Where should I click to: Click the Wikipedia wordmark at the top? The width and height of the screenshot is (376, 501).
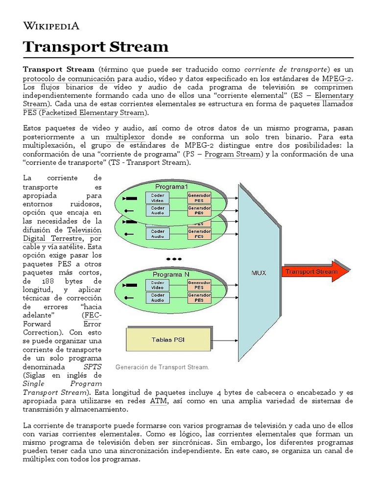(x=51, y=26)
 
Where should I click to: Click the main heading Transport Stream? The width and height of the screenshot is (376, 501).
(x=96, y=47)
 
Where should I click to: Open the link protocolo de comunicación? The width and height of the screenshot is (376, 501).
(x=69, y=79)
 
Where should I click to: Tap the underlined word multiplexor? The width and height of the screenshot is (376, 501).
(x=125, y=137)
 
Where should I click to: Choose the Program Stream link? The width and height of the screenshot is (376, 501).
(x=233, y=154)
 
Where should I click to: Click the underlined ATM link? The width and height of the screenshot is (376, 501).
(x=158, y=401)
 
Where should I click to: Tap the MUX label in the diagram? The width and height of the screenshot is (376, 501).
(x=258, y=273)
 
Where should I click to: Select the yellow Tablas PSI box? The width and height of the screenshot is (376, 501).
(x=168, y=339)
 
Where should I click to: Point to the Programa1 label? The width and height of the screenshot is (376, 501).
(x=171, y=187)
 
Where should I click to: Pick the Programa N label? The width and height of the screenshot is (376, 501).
(x=171, y=274)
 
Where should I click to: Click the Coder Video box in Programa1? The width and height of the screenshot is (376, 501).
(x=158, y=197)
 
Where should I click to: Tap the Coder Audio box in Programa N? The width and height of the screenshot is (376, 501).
(x=158, y=297)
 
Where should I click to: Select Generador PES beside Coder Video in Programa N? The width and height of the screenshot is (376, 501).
(x=199, y=285)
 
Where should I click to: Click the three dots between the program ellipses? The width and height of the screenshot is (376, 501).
(x=174, y=258)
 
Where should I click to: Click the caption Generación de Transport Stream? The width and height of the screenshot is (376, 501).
(x=162, y=367)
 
